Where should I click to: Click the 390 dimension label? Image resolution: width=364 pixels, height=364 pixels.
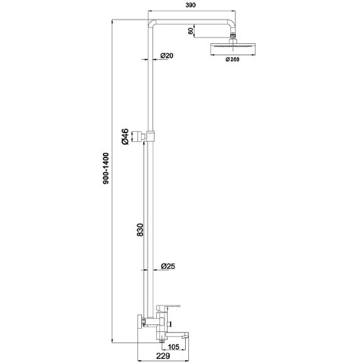click(191, 5)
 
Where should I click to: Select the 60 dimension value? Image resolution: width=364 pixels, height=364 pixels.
click(191, 31)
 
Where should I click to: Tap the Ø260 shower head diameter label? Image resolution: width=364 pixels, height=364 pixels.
click(232, 60)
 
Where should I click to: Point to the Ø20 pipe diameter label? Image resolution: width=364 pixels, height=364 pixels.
click(167, 56)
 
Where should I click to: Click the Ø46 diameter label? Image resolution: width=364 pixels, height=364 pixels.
click(125, 136)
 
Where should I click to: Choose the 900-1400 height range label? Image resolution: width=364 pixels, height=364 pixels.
click(106, 168)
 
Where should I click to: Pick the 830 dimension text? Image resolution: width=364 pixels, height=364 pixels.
click(140, 230)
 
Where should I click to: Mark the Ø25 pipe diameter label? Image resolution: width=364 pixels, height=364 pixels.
click(168, 266)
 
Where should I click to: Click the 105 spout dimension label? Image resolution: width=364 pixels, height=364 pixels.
click(173, 347)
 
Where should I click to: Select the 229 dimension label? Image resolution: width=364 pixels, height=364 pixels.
click(163, 356)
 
